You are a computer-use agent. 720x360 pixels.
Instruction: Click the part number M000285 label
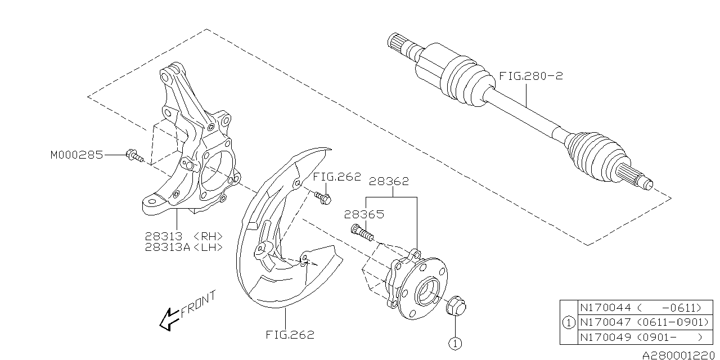pos(76,155)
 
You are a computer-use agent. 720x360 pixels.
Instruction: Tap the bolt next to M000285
pos(134,156)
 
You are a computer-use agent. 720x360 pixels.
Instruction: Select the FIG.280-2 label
pos(531,76)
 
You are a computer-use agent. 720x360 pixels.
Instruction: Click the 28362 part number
pos(389,181)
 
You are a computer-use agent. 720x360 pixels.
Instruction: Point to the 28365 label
pos(364,214)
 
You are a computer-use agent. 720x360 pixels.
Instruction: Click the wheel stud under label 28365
pos(362,233)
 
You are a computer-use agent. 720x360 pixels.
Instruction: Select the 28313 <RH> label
pos(183,237)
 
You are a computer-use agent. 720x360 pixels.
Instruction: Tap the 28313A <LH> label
pos(183,247)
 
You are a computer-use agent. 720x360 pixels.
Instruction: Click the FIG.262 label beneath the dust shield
pos(290,335)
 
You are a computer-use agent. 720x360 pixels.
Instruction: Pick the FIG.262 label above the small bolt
pos(337,177)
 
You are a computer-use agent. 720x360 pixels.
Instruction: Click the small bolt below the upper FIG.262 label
pos(323,197)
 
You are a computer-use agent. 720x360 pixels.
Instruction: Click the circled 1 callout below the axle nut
pos(455,343)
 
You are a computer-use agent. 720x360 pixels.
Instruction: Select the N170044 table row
pos(645,308)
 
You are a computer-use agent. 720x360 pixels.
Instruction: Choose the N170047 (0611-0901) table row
pos(645,322)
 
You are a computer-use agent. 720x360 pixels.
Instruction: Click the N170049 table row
pos(645,337)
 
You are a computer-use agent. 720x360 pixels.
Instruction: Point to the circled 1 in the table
pos(569,322)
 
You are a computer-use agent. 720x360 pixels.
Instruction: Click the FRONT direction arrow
pos(169,319)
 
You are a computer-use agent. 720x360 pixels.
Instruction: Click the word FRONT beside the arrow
pos(198,304)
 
